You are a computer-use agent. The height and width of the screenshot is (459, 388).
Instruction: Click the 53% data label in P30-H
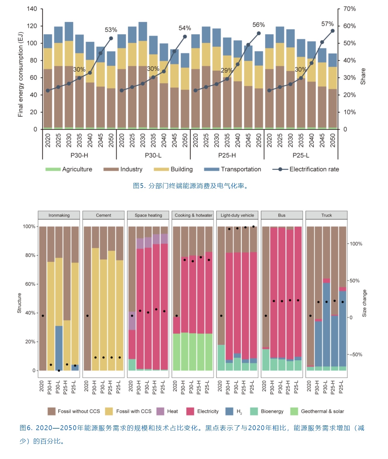pos(111,30)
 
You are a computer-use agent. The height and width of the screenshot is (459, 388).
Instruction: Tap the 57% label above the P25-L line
pos(327,24)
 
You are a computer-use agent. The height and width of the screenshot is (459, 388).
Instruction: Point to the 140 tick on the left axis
pos(32,9)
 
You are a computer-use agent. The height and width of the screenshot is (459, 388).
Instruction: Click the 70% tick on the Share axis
pos(349,9)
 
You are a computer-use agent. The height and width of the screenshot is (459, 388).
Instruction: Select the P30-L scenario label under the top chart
pos(153,155)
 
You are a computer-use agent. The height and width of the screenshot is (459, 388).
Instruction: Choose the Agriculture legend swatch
pos(53,169)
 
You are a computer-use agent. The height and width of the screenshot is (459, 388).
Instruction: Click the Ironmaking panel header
pos(59,215)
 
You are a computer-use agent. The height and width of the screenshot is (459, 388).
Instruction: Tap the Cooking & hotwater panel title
pos(194,215)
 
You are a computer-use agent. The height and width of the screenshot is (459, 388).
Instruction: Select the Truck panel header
pos(326,215)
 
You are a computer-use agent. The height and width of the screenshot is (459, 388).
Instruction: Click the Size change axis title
pos(364,303)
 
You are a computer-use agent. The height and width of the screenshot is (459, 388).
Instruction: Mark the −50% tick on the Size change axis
pos(355,355)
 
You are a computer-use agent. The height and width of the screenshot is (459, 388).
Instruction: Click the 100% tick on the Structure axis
pos(29,226)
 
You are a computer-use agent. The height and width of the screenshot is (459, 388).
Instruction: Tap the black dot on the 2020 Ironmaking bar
pos(43,316)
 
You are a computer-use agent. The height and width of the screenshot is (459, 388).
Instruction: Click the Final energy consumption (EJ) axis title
pos(20,74)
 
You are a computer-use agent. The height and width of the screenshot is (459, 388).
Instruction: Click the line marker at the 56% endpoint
pos(259,33)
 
